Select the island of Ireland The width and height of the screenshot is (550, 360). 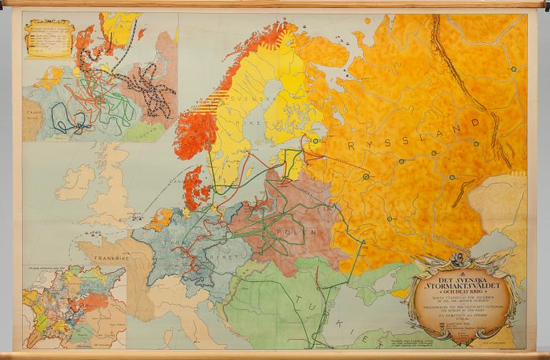pos(74,183)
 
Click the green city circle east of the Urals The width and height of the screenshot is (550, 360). pos(513,69)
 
